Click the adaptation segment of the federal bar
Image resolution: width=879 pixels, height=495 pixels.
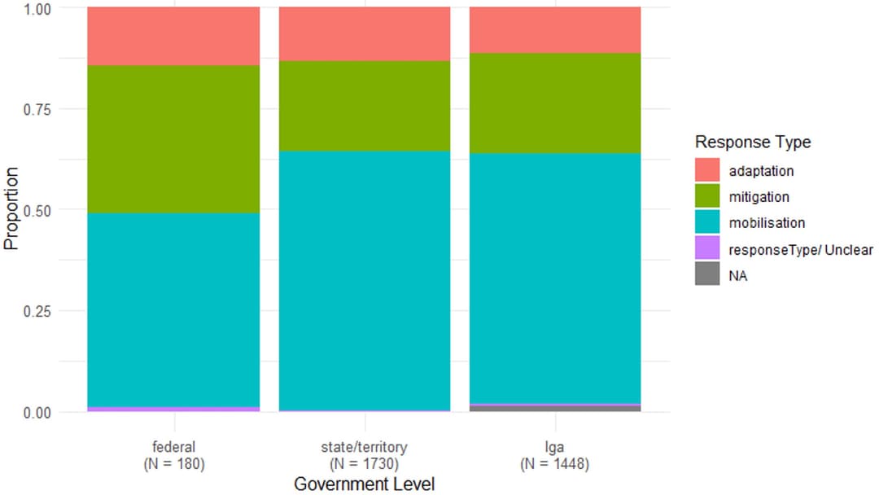pos(173,36)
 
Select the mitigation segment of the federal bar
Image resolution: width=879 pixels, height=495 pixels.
pos(173,139)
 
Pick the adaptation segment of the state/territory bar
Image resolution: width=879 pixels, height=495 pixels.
pos(365,33)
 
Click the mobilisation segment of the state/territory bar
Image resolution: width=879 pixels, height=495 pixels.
pos(365,280)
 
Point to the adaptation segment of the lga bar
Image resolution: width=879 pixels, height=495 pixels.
pos(555,30)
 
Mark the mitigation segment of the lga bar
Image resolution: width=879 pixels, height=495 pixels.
pos(555,103)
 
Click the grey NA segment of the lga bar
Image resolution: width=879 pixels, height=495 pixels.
pos(555,409)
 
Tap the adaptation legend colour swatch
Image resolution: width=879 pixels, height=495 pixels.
pos(708,171)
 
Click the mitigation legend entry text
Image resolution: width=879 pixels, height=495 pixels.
pos(759,197)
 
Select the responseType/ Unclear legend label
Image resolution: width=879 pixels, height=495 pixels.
pos(801,250)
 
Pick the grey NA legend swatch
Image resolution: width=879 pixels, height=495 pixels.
pos(708,275)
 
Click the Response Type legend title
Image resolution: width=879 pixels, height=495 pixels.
pos(753,142)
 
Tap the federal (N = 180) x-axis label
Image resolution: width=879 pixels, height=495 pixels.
pos(173,456)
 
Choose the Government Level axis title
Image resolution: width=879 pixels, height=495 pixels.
pos(365,484)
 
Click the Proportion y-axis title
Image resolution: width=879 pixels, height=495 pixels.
pos(11,209)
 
